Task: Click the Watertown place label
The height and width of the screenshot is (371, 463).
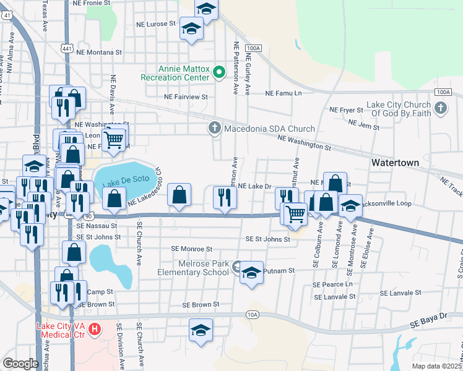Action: (x=395, y=163)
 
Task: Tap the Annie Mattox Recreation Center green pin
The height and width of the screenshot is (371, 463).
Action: (x=219, y=73)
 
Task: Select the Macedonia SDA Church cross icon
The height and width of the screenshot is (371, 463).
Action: (x=214, y=129)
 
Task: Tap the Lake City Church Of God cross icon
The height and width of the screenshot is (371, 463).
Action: (x=440, y=109)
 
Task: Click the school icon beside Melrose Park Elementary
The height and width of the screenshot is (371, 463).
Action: (x=251, y=272)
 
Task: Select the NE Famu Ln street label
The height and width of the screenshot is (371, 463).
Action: (x=283, y=93)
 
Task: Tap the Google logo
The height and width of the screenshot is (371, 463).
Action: (x=20, y=364)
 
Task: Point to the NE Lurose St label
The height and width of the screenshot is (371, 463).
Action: (x=156, y=25)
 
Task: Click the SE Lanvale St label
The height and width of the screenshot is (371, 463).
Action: (x=400, y=292)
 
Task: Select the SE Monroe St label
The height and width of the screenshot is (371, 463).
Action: (x=192, y=249)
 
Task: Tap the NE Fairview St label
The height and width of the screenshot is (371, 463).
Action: (x=186, y=97)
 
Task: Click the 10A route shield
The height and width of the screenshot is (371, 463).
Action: (x=252, y=314)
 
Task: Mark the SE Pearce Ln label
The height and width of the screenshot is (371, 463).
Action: (x=332, y=285)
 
